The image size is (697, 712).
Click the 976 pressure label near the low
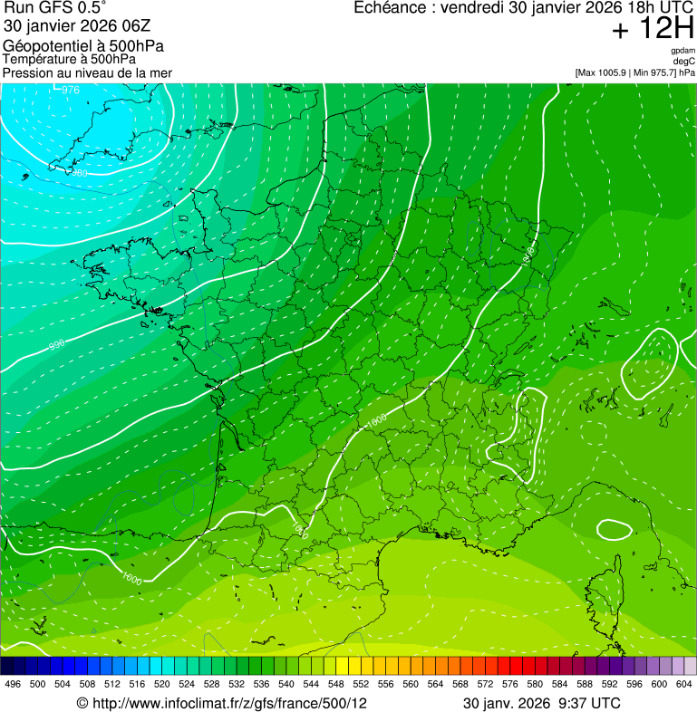[71, 90]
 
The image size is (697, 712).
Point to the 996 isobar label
[57, 345]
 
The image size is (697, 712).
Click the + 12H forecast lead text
[653, 29]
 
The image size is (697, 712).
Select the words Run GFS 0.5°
[55, 8]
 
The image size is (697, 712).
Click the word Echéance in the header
[390, 8]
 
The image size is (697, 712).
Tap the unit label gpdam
[682, 51]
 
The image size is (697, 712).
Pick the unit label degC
[684, 61]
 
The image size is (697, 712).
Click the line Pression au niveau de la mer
[87, 72]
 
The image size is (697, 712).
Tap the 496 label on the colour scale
[13, 683]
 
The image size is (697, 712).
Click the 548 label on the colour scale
[335, 683]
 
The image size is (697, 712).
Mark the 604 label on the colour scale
[683, 683]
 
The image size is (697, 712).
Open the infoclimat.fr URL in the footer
[230, 703]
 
